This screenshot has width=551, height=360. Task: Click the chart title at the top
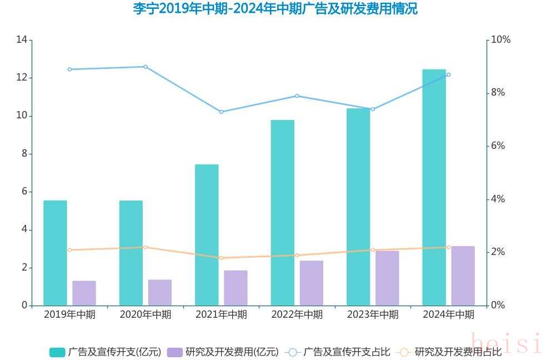tap(275, 9)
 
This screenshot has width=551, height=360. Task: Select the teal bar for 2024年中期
tap(434, 187)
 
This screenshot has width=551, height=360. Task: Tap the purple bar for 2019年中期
tap(84, 293)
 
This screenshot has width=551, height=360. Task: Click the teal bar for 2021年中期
tap(207, 234)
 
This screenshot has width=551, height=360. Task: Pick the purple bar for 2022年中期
tap(312, 283)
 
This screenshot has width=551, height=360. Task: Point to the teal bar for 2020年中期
tap(131, 253)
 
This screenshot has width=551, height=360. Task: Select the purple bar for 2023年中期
tap(387, 278)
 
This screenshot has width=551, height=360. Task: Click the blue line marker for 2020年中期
tap(146, 67)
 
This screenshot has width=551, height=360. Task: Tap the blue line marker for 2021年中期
tap(221, 112)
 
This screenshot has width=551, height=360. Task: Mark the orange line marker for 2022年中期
tap(297, 255)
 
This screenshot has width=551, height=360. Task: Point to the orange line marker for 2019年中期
tap(69, 250)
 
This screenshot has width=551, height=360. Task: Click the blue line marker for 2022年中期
tap(297, 96)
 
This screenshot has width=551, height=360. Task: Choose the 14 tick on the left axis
tap(22, 39)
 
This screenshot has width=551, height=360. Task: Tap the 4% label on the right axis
tap(498, 199)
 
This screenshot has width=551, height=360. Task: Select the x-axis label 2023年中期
tap(373, 314)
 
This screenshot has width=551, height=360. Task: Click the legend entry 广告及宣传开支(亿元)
tap(106, 352)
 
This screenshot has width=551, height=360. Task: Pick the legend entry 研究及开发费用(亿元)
tap(223, 352)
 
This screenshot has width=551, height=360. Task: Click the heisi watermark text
tap(505, 343)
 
